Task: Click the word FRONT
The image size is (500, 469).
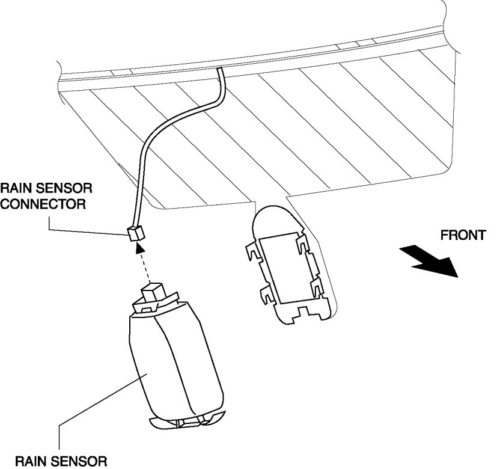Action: click(x=463, y=235)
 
